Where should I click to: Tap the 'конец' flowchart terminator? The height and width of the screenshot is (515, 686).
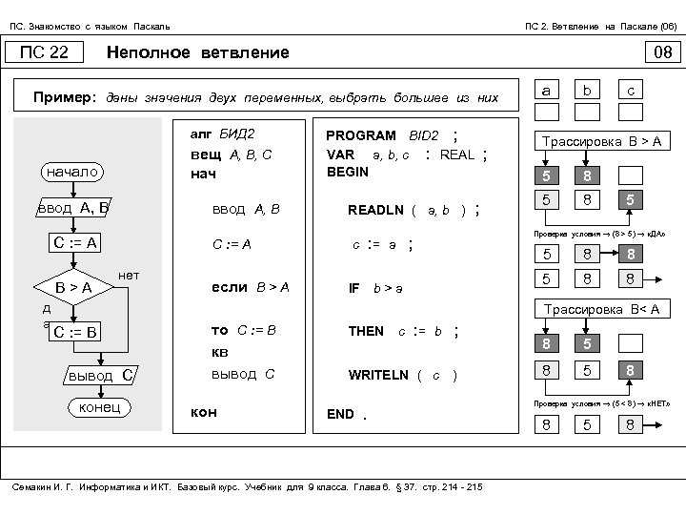98,408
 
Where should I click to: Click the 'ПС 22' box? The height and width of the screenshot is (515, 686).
45,52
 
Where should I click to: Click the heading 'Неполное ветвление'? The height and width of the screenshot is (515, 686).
197,52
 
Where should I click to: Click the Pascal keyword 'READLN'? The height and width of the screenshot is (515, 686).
375,210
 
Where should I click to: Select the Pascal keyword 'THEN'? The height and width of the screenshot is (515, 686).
366,332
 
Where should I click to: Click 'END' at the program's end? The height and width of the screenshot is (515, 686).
340,414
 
